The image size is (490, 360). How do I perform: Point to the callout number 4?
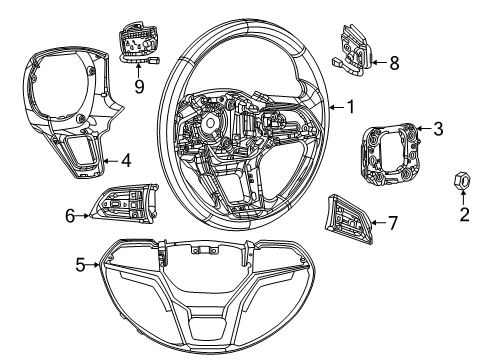(x=126, y=159)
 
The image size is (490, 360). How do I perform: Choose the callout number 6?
(x=70, y=213)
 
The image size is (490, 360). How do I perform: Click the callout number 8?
(x=393, y=63)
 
